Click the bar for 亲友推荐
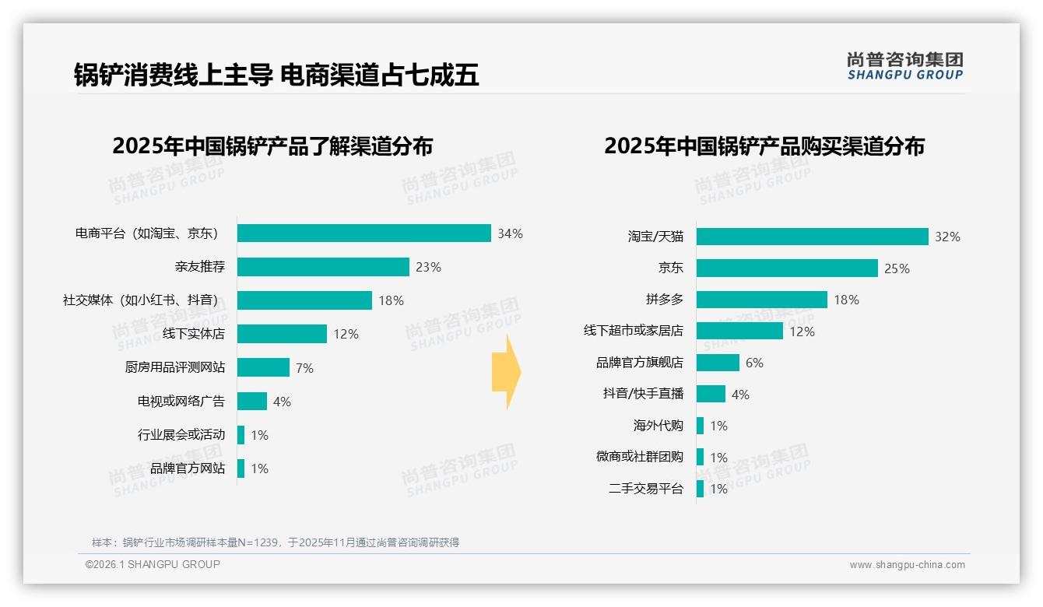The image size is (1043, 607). coord(323,267)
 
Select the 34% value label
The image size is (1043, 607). coord(511,233)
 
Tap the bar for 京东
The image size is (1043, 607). coord(787,268)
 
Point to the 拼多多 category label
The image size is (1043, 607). coord(664,300)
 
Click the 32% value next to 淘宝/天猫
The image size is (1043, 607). coord(947,237)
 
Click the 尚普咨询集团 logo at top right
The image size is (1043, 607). coord(904,65)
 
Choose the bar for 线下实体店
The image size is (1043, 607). coord(282,334)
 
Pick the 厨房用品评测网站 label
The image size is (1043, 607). coord(175,367)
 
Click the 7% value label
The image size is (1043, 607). coord(304,368)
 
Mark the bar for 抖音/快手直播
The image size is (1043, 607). coord(711,394)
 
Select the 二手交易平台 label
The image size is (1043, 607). coord(646,489)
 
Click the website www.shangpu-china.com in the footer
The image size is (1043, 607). coord(907,565)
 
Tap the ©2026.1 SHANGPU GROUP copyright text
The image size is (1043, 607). coord(153,564)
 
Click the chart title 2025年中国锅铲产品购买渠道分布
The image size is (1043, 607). coord(764,146)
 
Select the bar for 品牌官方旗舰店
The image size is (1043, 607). coord(718,363)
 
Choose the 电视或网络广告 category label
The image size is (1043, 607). coord(181,402)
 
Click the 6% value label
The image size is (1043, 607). coord(753,363)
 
